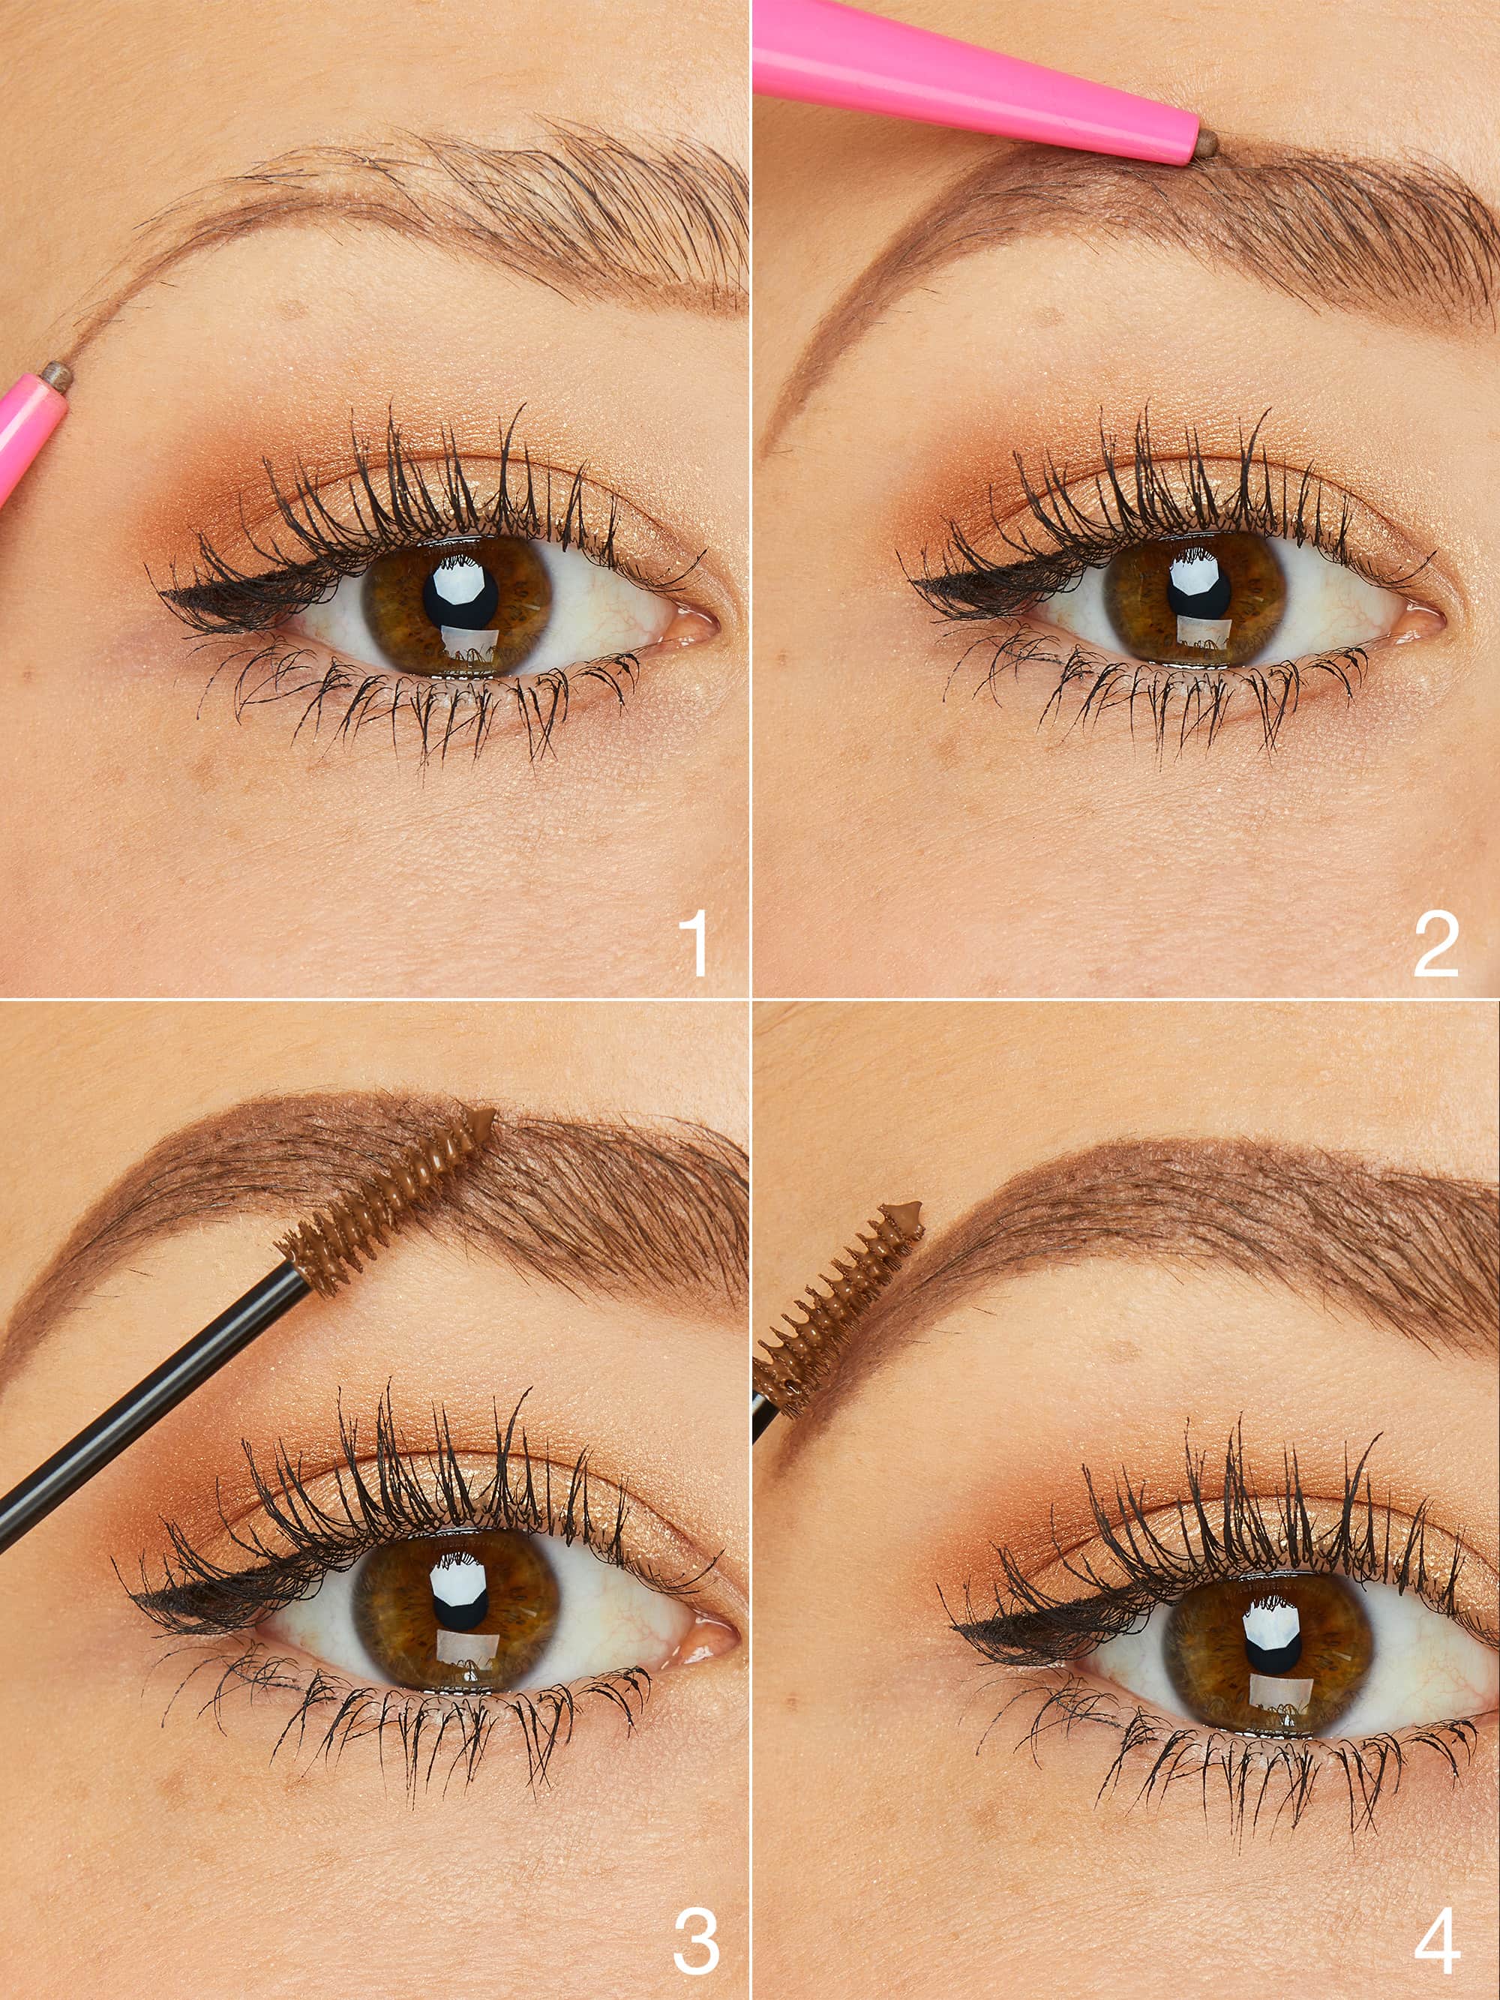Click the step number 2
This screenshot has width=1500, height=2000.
(1435, 946)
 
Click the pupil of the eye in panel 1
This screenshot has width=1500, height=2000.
(461, 593)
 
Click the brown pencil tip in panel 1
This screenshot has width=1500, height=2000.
(56, 370)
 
